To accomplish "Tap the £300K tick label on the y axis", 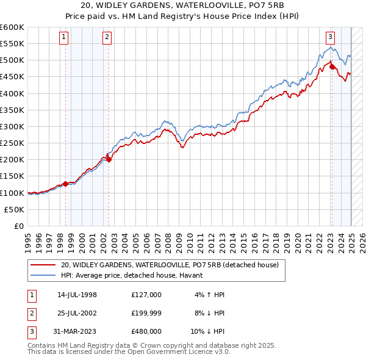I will click(12, 126).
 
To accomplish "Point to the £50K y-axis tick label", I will click(14, 209).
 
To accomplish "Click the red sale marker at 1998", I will click(65, 184).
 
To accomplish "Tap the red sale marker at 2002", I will click(109, 160).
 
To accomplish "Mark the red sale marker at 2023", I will click(332, 67).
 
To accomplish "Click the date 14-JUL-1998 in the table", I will click(77, 295).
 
